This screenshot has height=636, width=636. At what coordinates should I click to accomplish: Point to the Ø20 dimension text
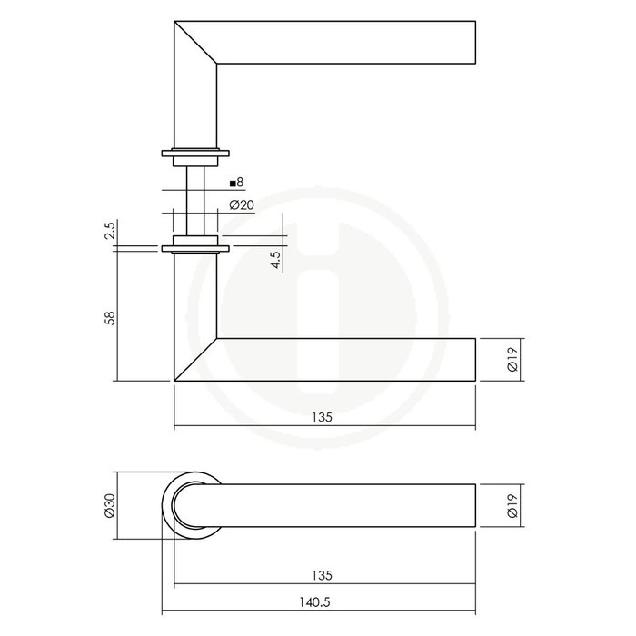242,205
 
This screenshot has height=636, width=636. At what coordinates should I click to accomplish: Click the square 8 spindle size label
238,183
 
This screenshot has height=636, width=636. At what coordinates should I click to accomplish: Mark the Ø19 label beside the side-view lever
514,359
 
